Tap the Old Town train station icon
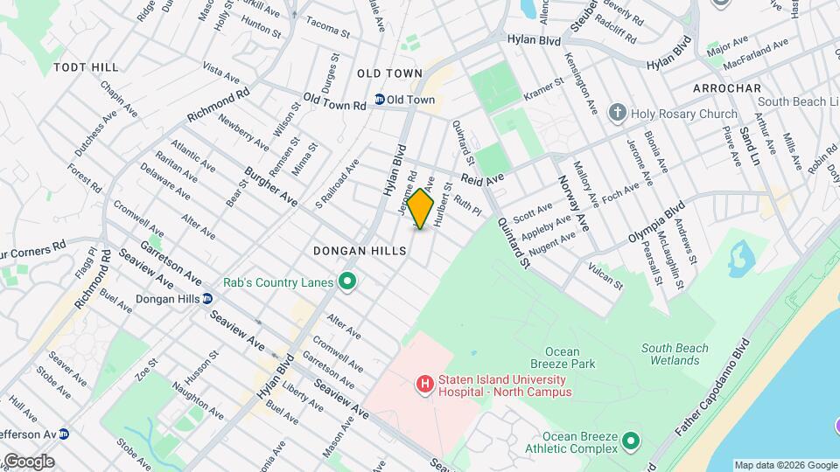[x=380, y=100]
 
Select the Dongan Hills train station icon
[x=207, y=298]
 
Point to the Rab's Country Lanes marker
[x=347, y=281]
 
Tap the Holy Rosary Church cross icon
[x=618, y=113]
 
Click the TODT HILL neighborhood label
[x=86, y=66]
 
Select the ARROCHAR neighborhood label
[x=725, y=88]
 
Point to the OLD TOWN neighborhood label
[x=389, y=73]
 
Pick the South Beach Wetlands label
[x=675, y=354]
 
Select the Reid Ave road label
[x=483, y=178]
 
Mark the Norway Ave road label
[x=573, y=203]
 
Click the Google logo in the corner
[x=28, y=461]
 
